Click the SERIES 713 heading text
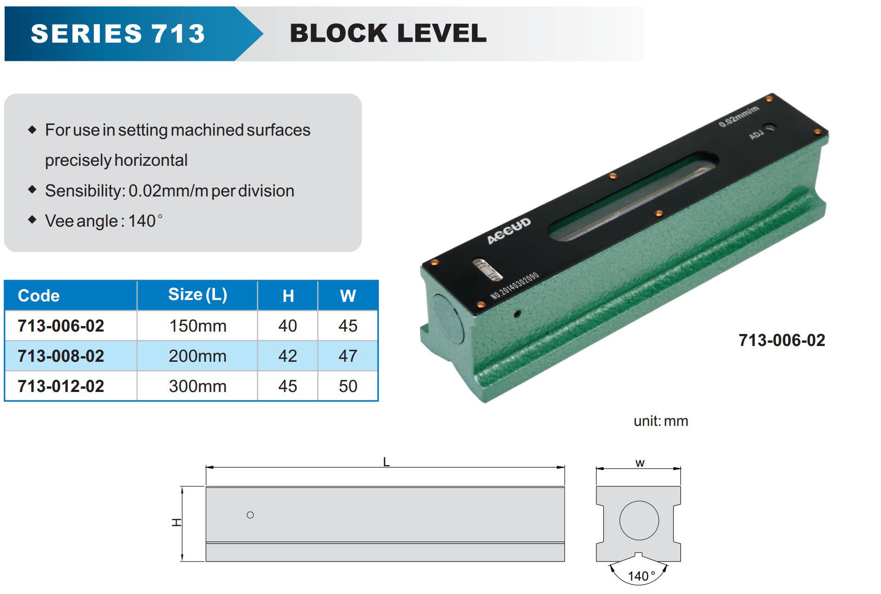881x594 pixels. pos(118,33)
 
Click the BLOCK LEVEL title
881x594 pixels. pos(388,33)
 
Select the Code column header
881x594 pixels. pos(39,296)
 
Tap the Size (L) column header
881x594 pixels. pos(197,295)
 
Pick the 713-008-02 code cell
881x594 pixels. pos(61,356)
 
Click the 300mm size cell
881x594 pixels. pos(197,386)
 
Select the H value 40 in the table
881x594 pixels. pos(287,326)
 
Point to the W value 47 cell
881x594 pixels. pos(348,356)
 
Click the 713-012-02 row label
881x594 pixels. pos(61,386)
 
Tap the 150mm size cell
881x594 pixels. pos(197,326)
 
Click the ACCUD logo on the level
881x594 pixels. pos(509,230)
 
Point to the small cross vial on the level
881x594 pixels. pos(487,270)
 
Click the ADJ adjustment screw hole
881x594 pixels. pos(770,128)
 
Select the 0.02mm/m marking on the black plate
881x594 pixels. pos(738,116)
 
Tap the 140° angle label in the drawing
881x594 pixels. pos(641,576)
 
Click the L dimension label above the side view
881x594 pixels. pos(386,462)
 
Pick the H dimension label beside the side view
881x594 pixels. pos(176,522)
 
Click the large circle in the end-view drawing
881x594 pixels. pos(639,521)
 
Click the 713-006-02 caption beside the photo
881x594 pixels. pos(782,340)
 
